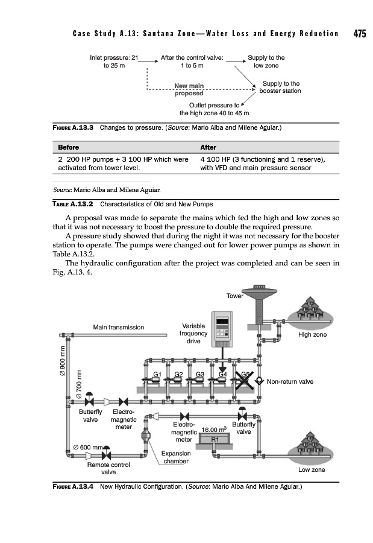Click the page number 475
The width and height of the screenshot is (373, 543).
click(359, 34)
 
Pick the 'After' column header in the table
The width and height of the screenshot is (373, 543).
click(208, 147)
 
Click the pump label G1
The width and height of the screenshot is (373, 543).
click(157, 375)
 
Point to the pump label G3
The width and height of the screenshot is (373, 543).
click(199, 375)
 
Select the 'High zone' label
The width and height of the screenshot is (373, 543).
click(312, 334)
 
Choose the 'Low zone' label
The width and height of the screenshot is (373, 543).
click(312, 469)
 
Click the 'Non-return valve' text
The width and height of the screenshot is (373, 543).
click(289, 381)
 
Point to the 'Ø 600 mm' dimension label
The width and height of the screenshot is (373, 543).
click(86, 447)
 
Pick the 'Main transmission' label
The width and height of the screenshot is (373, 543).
click(118, 327)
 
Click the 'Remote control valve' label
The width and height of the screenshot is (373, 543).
click(108, 469)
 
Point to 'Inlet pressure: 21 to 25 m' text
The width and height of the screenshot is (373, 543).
click(114, 62)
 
